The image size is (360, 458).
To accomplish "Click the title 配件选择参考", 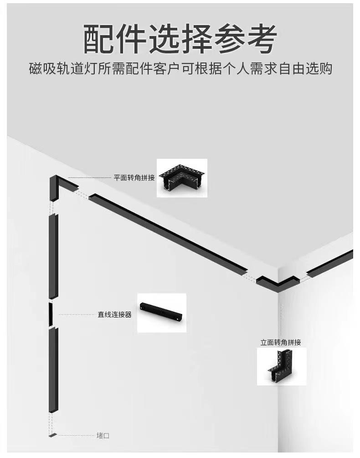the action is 180,39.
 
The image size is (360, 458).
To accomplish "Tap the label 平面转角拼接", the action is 134,177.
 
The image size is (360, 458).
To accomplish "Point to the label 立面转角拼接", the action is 281,342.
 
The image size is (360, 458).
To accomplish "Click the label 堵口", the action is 103,436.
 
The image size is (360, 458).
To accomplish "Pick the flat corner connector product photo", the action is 182,178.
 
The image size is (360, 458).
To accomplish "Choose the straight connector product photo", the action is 162,312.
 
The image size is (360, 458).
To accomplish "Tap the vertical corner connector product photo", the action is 282,366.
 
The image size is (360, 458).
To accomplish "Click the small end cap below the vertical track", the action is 53,435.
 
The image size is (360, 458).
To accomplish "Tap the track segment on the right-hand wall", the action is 330,263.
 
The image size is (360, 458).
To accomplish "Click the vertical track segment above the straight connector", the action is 53,255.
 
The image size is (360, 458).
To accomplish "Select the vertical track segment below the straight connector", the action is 53,370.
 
